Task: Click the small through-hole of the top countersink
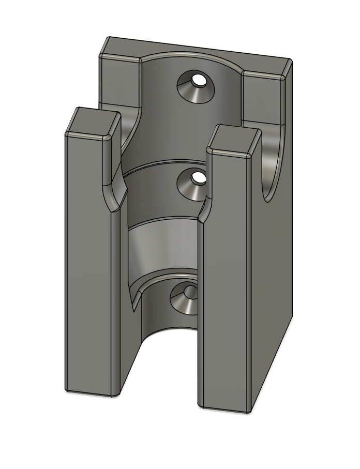pyautogui.click(x=198, y=80)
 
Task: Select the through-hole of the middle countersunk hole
pyautogui.click(x=198, y=177)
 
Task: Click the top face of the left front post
pyautogui.click(x=91, y=123)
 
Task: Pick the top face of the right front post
pyautogui.click(x=234, y=140)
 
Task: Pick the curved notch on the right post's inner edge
pyautogui.click(x=205, y=209)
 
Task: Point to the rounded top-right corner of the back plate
pyautogui.click(x=287, y=65)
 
